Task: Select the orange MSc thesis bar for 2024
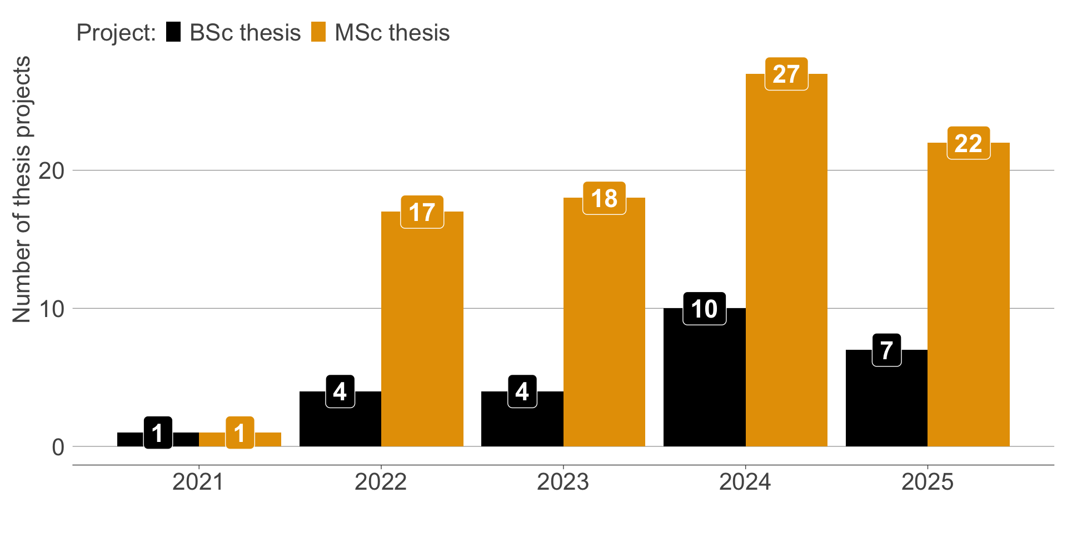pos(786,266)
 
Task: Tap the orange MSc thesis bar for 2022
pos(422,333)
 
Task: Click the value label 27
pos(786,74)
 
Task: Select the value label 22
pos(968,143)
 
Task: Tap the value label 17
pos(422,212)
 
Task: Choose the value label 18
pos(604,198)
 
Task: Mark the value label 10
pos(704,309)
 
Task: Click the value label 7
pos(886,350)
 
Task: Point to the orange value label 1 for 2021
pos(240,433)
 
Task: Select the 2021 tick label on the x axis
pos(198,482)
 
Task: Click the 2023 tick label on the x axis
pos(563,482)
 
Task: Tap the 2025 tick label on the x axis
pos(927,482)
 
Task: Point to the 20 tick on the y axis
pos(51,170)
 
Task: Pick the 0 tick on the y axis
pos(58,447)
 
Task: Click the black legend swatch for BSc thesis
pos(173,32)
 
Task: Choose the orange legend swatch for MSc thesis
pos(318,32)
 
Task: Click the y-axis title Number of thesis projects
pos(22,189)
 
